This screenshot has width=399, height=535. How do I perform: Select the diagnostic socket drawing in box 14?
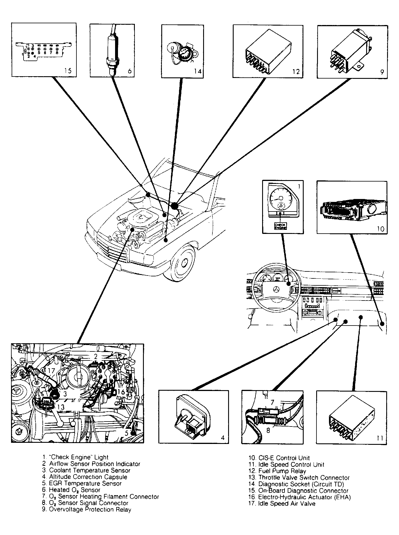tap(180, 53)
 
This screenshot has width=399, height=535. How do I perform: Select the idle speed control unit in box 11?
tap(351, 419)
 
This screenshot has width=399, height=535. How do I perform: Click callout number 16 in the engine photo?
tap(121, 392)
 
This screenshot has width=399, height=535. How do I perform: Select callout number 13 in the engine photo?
tap(60, 407)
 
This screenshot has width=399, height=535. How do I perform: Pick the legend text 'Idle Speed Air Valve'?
tap(282, 504)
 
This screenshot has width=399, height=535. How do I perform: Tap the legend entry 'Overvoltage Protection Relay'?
tap(87, 509)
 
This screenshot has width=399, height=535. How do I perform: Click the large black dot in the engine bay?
tap(174, 206)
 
